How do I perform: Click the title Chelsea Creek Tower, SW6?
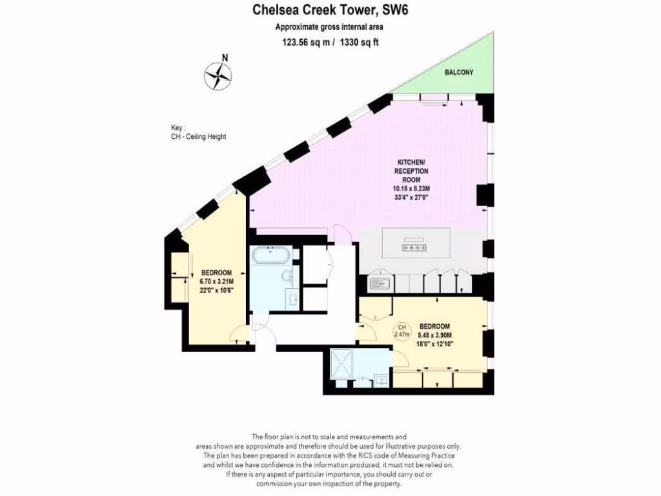330,10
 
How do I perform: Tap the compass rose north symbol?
218,76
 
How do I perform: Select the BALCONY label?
458,72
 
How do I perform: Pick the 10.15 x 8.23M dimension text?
411,189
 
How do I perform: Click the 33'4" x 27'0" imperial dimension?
411,198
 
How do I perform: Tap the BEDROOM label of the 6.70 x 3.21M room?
216,273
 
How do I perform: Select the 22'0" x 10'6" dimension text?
216,290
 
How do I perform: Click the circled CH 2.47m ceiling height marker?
402,331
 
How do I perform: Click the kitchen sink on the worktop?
377,282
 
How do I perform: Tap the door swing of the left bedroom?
239,334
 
